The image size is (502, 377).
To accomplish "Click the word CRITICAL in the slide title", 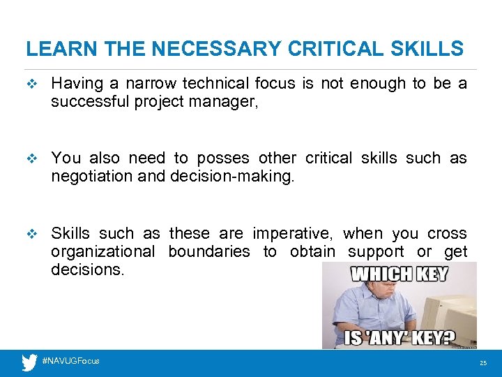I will pos(326,49).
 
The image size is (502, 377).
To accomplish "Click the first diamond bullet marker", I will pos(29,84).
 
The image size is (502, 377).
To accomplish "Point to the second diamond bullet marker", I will pos(29,159).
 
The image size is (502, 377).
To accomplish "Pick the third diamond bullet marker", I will pos(29,234).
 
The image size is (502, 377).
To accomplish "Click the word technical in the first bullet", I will pos(215,84).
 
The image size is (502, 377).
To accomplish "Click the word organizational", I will pos(102,252).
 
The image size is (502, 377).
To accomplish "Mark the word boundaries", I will pos(209,252).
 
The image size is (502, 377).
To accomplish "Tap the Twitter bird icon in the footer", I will pos(29,362).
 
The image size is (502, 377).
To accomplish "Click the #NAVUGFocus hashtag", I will pos(70,361).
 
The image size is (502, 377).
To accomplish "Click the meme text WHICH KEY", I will pos(399,273).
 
